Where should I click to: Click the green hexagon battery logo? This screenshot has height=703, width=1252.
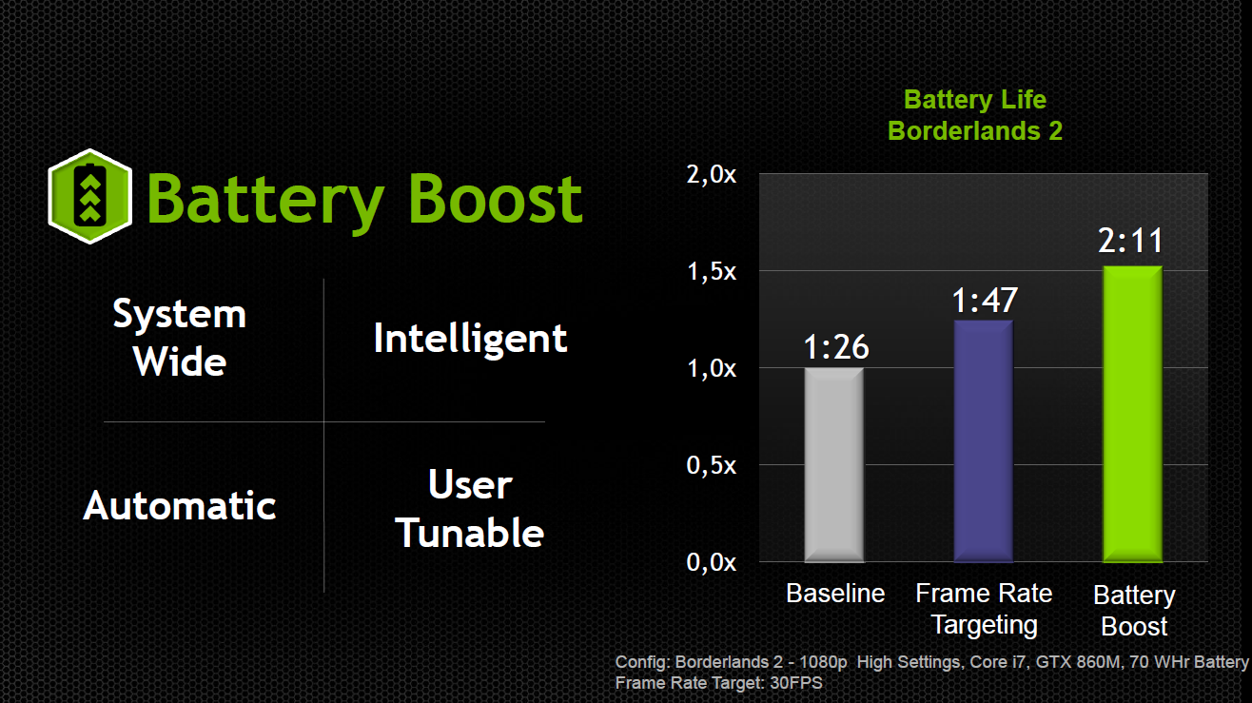(x=90, y=196)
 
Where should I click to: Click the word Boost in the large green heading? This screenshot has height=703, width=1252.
(x=496, y=199)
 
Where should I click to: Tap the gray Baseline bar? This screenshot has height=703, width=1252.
(x=834, y=464)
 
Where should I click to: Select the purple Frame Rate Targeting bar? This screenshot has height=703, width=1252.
(x=983, y=440)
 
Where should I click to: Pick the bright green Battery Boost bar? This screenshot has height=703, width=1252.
(x=1132, y=414)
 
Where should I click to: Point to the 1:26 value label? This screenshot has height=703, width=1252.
(x=836, y=347)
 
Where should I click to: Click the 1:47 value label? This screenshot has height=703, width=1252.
(x=985, y=301)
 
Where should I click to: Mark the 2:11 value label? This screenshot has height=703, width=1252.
(x=1131, y=241)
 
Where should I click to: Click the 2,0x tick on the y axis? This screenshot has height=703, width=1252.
(x=712, y=174)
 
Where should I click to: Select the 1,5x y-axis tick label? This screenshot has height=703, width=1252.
(x=712, y=271)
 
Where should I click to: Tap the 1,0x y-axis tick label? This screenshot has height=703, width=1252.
(x=712, y=368)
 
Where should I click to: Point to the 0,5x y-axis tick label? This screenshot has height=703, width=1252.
(x=712, y=465)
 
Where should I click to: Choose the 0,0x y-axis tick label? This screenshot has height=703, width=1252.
(x=712, y=562)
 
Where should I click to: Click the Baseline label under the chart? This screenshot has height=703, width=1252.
(x=835, y=593)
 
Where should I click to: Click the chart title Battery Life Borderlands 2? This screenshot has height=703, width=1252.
(x=975, y=115)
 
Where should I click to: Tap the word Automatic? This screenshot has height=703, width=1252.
(x=180, y=506)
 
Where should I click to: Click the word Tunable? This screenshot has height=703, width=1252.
(x=470, y=533)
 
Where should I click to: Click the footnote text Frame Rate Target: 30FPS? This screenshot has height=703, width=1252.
(x=719, y=683)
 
